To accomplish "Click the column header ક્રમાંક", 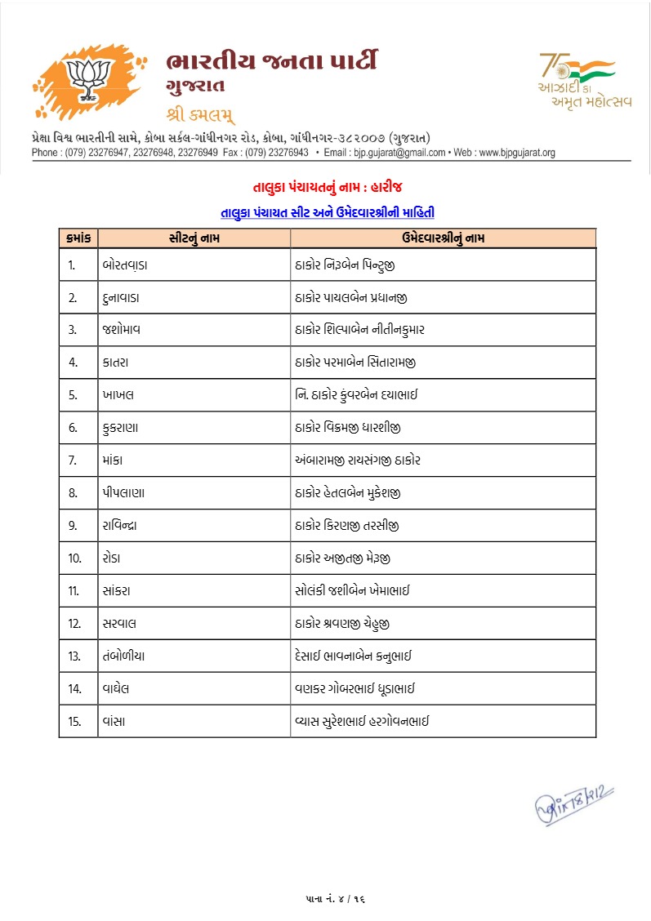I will click(x=78, y=238).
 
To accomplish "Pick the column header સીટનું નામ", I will click(x=194, y=238).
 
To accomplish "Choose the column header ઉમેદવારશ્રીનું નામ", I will click(x=443, y=238).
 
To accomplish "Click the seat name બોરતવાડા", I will click(x=125, y=265).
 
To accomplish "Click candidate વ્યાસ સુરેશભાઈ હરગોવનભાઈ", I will click(x=362, y=721).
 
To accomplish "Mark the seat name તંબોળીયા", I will click(x=125, y=656).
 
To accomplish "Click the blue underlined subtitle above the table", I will click(x=328, y=213).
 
